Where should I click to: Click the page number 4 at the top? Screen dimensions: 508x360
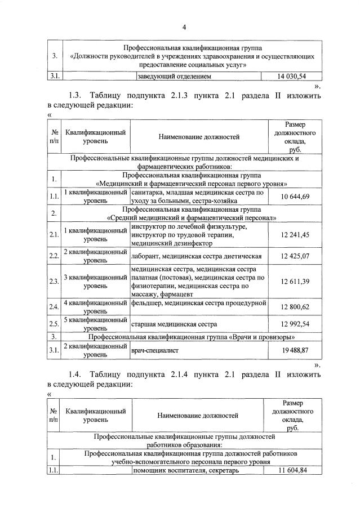[184, 27]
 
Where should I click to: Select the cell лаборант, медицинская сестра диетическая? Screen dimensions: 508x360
[196, 256]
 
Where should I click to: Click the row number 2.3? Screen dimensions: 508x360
[54, 282]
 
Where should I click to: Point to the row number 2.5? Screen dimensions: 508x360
[54, 324]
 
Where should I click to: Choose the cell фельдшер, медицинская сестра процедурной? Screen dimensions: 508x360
[198, 304]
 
